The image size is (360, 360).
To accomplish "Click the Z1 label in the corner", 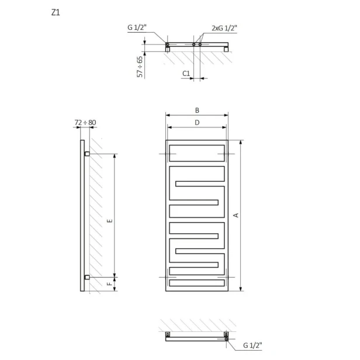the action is point(56,12).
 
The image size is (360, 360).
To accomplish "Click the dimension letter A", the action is point(236,215).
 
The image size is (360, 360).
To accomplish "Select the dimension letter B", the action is point(197,110).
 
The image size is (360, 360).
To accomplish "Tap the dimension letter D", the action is point(197,123).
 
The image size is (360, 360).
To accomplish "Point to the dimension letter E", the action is point(110,221).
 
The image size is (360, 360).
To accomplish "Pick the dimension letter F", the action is point(110,284).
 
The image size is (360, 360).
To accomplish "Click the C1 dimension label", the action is point(186,74).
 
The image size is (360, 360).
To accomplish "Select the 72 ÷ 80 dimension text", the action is point(85,123).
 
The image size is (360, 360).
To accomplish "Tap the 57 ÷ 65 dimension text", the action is point(140,67).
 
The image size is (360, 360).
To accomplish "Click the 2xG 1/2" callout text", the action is point(224,28).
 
